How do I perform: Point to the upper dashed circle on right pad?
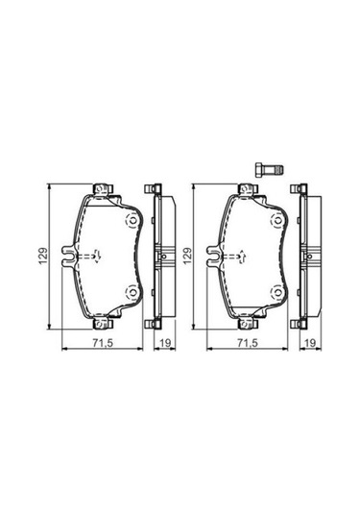coord(278,220)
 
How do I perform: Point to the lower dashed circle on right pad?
coord(278,293)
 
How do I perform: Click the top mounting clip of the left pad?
coord(101,189)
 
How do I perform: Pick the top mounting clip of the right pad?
coord(251,189)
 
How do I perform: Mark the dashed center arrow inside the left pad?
coord(91,257)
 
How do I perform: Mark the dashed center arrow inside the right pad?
coord(240,257)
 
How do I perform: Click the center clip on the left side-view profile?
coord(159,257)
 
